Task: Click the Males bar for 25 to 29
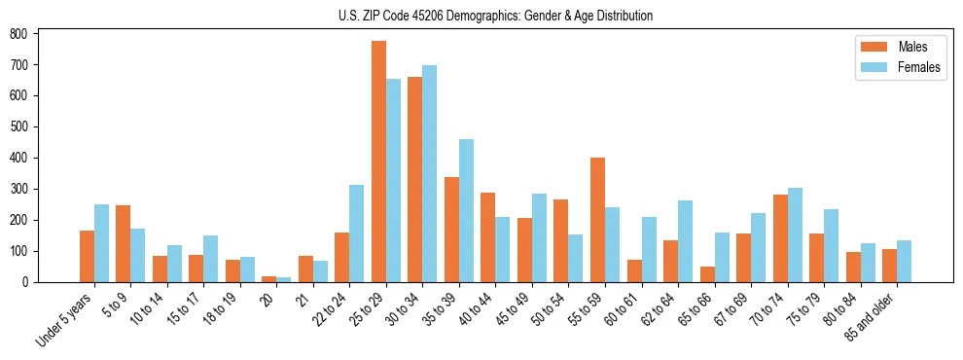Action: pyautogui.click(x=378, y=162)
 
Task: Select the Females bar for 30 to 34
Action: pyautogui.click(x=430, y=174)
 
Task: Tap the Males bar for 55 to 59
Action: pyautogui.click(x=597, y=220)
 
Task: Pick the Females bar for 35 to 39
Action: pyautogui.click(x=466, y=211)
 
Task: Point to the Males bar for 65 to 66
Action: pyautogui.click(x=707, y=274)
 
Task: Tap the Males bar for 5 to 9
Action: pyautogui.click(x=124, y=243)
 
